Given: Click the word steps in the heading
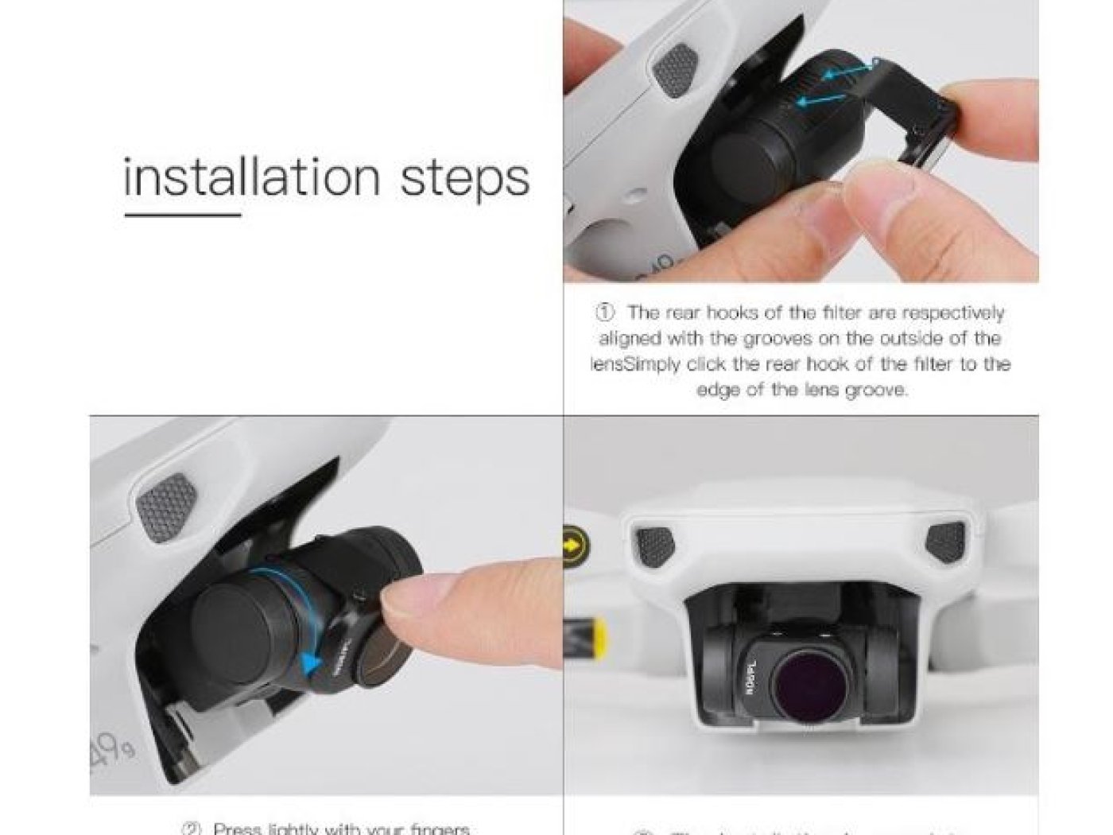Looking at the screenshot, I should [x=464, y=178].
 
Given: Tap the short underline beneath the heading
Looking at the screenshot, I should [x=182, y=214].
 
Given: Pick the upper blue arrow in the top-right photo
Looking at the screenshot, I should [x=849, y=72].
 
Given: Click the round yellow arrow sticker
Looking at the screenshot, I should [x=576, y=546].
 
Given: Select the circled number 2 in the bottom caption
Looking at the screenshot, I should [x=192, y=829].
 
